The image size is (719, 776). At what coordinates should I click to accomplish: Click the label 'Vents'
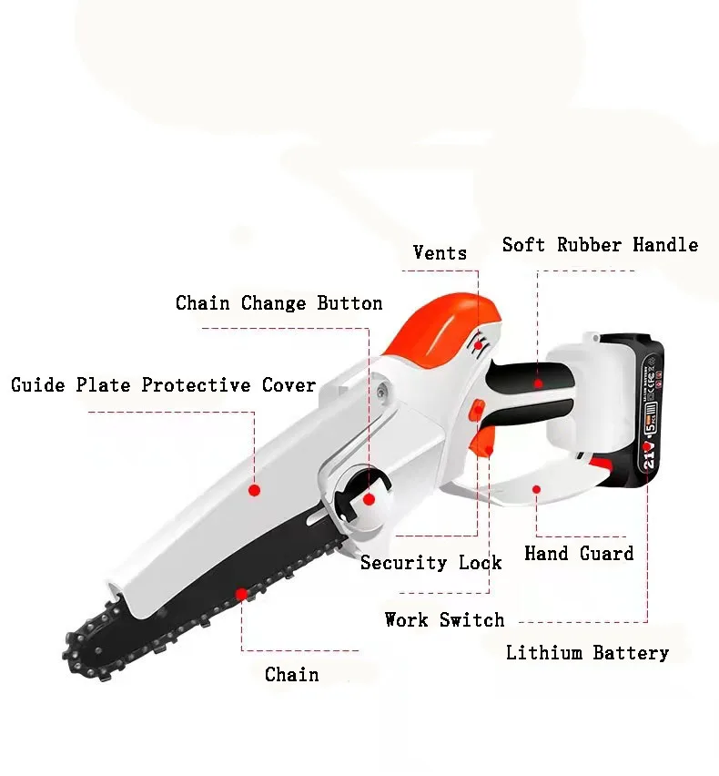[x=440, y=253]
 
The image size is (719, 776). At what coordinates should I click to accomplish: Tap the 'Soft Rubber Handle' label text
[x=600, y=245]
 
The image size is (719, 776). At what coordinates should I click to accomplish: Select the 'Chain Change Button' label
[x=278, y=303]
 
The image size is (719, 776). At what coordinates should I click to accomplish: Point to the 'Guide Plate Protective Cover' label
[x=163, y=385]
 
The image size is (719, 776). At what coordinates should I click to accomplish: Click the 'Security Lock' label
[x=430, y=563]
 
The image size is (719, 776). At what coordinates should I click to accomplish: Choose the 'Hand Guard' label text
[x=579, y=554]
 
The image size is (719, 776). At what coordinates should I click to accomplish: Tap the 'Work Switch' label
[x=444, y=620]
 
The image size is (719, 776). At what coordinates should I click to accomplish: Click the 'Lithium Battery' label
[x=587, y=653]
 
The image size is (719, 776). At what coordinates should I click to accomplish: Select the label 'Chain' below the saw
[x=291, y=675]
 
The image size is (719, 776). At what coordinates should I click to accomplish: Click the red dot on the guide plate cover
[x=255, y=490]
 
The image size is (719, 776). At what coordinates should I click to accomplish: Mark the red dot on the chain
[x=241, y=594]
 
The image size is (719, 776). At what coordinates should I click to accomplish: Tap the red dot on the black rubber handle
[x=539, y=383]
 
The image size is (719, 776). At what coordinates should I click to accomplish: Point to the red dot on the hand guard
[x=537, y=489]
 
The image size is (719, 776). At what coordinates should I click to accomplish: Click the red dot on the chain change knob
[x=369, y=499]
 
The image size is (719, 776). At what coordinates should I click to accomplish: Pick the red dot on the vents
[x=478, y=346]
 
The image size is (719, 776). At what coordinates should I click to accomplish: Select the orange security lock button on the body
[x=474, y=412]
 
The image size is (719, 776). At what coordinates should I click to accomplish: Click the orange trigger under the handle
[x=487, y=448]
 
